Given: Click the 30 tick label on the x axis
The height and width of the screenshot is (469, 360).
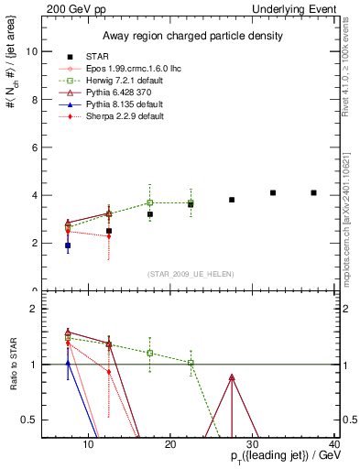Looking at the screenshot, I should click(254, 445).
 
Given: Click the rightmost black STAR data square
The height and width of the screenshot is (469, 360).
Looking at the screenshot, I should click(314, 192).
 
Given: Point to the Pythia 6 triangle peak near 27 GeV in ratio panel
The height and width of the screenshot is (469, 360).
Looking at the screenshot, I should click(232, 377).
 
